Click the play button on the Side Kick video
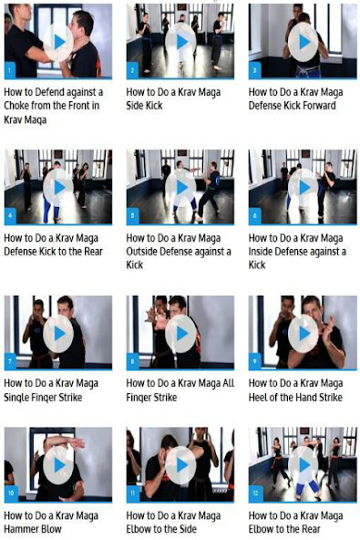click(x=180, y=41)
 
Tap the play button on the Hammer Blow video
click(x=58, y=464)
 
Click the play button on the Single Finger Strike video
click(x=58, y=333)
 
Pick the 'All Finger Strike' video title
click(x=180, y=389)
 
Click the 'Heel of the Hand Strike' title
click(x=297, y=389)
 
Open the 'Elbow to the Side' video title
click(x=173, y=521)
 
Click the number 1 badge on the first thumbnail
click(x=9, y=69)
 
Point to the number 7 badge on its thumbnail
click(x=9, y=361)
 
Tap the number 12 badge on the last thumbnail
click(x=254, y=493)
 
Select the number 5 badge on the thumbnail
click(x=131, y=216)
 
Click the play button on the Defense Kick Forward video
click(x=303, y=41)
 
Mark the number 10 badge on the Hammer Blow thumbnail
click(x=10, y=493)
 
